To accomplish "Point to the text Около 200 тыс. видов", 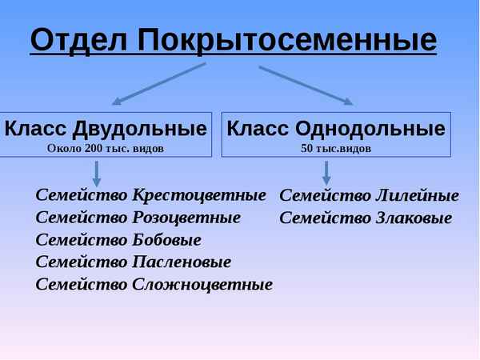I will [106, 148].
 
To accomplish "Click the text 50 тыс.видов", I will [336, 148].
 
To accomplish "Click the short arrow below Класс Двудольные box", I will [97, 173].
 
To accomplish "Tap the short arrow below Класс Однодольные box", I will [326, 173].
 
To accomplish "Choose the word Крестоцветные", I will [199, 195].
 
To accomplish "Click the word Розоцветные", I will [186, 218].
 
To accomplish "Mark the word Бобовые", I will [166, 240].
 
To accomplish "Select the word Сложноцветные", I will [202, 284].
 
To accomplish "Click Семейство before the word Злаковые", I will [324, 218].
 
